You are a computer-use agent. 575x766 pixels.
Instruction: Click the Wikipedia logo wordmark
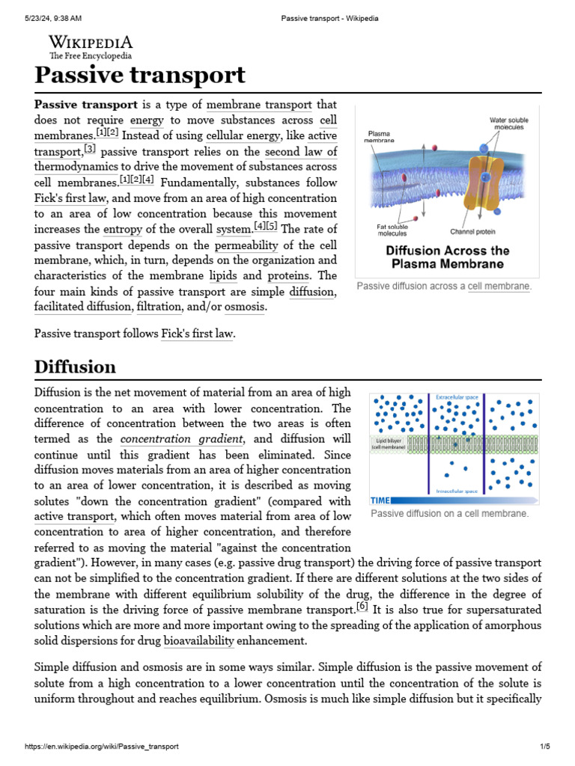click(x=91, y=43)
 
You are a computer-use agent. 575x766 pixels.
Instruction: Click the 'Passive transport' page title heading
click(x=140, y=76)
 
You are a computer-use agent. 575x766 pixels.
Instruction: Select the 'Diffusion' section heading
click(x=75, y=367)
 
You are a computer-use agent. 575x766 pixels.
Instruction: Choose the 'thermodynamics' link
click(x=76, y=167)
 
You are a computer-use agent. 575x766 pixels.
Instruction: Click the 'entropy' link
click(x=122, y=229)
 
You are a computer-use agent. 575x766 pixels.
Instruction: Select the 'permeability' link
click(x=246, y=245)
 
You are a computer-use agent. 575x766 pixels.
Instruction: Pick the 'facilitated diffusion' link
click(x=83, y=307)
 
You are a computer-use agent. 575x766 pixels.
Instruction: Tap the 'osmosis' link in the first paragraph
click(x=245, y=307)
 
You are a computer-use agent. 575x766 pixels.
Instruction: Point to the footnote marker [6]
click(x=362, y=606)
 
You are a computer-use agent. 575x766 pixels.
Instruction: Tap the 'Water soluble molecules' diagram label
click(x=508, y=123)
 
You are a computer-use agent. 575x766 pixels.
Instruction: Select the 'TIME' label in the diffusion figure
click(x=381, y=500)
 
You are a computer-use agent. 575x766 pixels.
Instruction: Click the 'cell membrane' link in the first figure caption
click(x=499, y=287)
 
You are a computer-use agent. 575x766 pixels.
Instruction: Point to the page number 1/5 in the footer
click(x=544, y=747)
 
